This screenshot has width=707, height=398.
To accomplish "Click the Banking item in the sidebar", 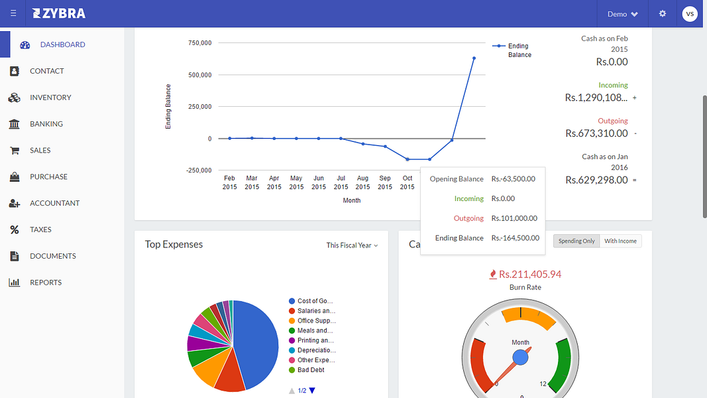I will click(46, 124).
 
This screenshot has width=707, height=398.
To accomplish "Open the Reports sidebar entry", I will click(45, 283).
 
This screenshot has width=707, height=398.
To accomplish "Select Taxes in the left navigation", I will click(40, 230).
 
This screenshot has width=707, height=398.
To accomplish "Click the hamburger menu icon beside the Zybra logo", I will click(13, 14).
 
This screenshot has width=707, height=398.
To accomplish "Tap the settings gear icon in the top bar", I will click(662, 14).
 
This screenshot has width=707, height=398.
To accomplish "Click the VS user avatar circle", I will click(690, 14).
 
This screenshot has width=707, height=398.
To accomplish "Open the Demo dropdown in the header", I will click(622, 14).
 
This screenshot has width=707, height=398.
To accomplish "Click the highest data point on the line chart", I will click(474, 58).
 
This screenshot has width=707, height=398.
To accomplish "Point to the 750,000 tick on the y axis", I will click(199, 43).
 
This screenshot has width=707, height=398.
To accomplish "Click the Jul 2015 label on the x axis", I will click(341, 182).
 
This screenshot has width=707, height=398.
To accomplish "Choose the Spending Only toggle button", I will click(576, 241).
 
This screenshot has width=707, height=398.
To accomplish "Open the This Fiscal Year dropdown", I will click(352, 245).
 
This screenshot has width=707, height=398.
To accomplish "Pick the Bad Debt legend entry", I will click(311, 370).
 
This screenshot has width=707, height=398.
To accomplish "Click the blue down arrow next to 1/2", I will click(312, 391).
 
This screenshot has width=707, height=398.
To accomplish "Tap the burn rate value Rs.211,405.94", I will click(529, 274).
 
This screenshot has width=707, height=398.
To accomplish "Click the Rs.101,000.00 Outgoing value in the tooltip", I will click(514, 218).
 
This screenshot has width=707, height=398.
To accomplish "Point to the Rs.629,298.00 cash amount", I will click(596, 180).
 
